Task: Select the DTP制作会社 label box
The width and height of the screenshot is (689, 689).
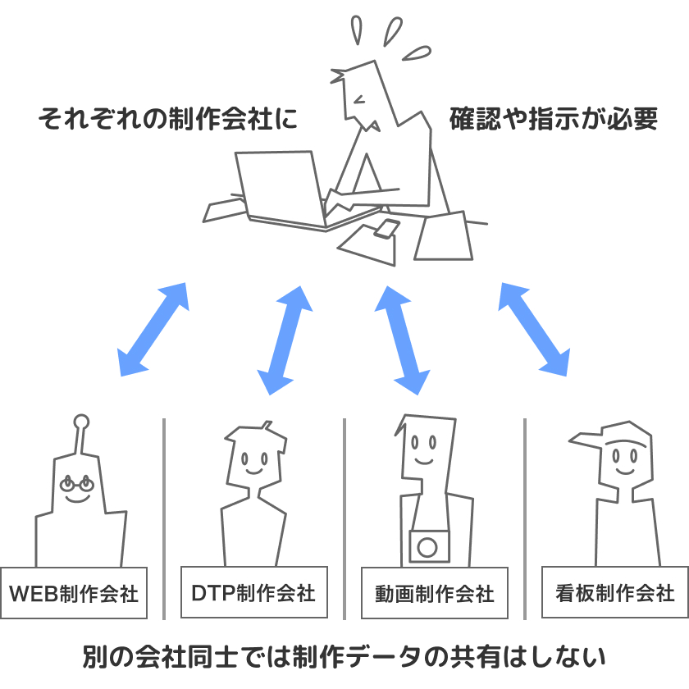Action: (252, 591)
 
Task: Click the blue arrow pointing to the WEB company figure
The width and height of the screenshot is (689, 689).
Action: (153, 330)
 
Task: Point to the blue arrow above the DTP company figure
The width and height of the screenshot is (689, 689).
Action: (285, 340)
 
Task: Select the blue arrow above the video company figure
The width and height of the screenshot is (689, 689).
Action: (402, 338)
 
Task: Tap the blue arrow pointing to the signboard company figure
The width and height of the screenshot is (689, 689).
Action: (534, 328)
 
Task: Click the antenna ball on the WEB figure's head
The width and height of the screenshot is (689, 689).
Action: (80, 422)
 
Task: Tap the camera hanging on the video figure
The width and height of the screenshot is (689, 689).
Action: (429, 545)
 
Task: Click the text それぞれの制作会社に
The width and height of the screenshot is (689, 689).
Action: (167, 120)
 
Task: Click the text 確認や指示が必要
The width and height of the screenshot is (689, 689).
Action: (554, 120)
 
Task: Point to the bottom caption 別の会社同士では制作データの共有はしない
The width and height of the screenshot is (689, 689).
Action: (344, 657)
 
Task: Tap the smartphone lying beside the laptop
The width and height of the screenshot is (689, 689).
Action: (386, 228)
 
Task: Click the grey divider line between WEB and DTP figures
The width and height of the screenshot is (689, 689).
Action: (164, 517)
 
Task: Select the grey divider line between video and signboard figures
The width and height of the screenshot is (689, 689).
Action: (524, 517)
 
